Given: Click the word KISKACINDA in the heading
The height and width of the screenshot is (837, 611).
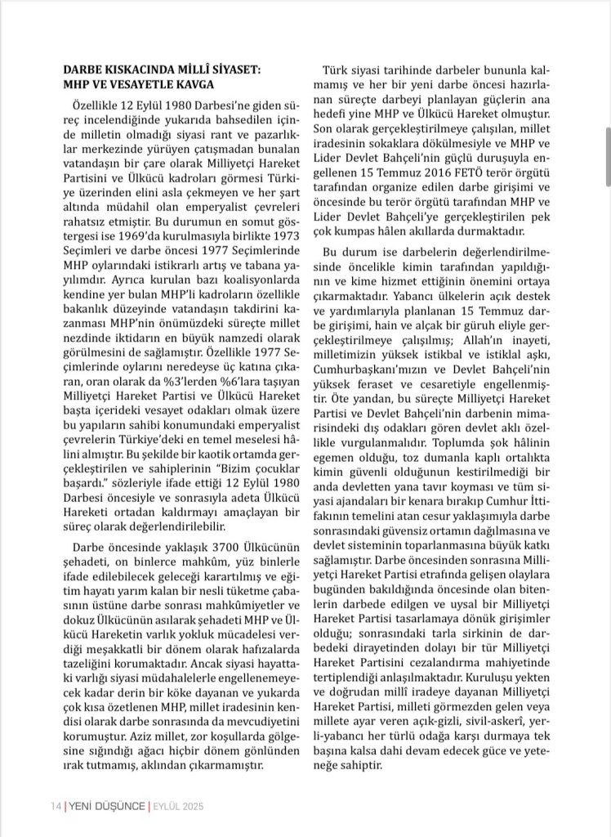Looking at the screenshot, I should pos(132,70).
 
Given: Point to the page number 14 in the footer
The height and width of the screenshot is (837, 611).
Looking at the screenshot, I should pos(55,806).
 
